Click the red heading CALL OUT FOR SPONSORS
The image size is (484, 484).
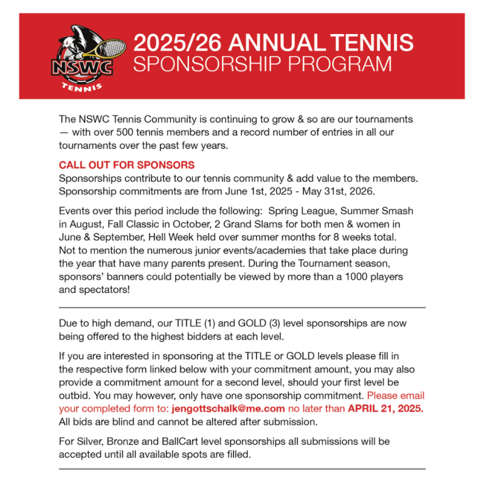127,165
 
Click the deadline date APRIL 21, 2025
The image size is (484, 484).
386,408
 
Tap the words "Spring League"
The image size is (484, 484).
298,210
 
